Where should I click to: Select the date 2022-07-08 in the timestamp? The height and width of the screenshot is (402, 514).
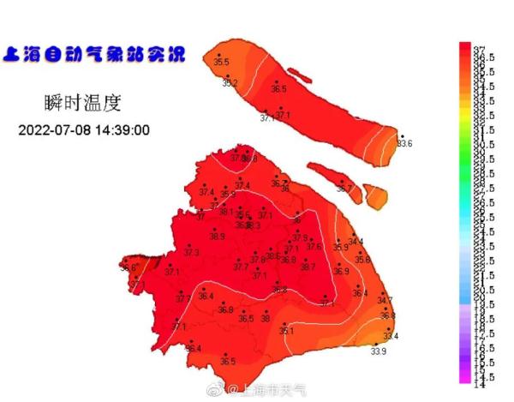click(x=57, y=130)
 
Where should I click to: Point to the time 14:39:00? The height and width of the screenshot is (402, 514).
click(x=124, y=130)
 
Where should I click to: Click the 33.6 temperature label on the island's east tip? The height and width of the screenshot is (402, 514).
click(x=403, y=143)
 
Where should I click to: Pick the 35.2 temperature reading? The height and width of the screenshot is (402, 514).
click(x=230, y=83)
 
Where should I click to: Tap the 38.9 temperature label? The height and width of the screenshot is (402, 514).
click(x=217, y=237)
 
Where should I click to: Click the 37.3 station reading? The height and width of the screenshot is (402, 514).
click(x=191, y=253)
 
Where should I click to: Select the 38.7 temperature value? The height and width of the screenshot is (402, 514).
click(x=308, y=267)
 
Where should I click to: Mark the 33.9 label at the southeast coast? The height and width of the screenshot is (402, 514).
click(x=378, y=351)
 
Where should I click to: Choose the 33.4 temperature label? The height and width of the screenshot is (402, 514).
click(x=391, y=336)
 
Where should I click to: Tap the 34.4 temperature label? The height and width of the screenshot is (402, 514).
click(x=356, y=242)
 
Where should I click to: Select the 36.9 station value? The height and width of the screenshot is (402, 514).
click(x=341, y=271)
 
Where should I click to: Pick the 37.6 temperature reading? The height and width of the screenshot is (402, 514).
click(x=314, y=247)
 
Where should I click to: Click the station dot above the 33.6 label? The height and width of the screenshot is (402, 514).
click(x=401, y=135)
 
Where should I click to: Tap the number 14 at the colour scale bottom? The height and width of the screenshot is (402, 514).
click(x=480, y=385)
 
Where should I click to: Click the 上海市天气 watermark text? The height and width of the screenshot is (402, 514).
click(x=272, y=391)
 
